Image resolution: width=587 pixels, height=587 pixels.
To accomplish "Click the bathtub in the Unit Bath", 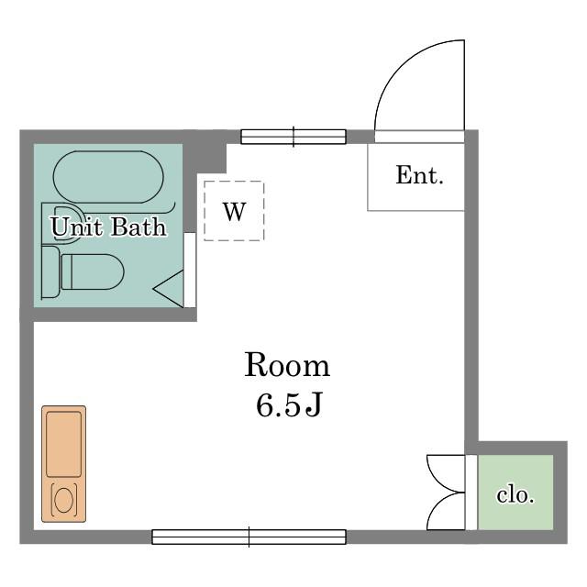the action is click(108, 177).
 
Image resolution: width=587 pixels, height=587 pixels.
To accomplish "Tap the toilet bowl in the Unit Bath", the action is click(93, 271).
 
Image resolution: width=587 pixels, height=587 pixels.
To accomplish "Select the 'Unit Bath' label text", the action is click(108, 227).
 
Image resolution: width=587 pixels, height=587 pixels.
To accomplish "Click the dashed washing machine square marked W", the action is click(234, 211).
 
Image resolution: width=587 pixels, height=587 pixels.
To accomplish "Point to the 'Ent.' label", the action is click(419, 175).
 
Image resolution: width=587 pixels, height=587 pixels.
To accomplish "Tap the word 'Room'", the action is click(287, 365).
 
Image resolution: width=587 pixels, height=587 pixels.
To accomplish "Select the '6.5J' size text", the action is click(288, 405).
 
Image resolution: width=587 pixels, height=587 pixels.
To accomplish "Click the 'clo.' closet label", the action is click(515, 495).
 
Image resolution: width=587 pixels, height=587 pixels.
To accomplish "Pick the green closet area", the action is click(515, 493).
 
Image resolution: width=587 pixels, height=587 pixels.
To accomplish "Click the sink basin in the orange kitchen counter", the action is click(63, 444).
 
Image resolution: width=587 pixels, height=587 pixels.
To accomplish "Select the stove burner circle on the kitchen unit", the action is click(63, 500).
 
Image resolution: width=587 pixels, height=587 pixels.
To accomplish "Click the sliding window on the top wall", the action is click(293, 137).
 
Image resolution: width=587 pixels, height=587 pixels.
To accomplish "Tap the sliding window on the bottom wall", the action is click(249, 537).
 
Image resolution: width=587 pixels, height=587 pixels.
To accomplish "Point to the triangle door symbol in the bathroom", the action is click(168, 289).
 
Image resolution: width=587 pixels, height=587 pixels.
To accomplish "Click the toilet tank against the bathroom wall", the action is click(50, 271).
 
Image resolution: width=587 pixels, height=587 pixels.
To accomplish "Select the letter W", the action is click(235, 212).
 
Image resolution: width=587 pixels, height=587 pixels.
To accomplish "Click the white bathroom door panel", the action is click(190, 270).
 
